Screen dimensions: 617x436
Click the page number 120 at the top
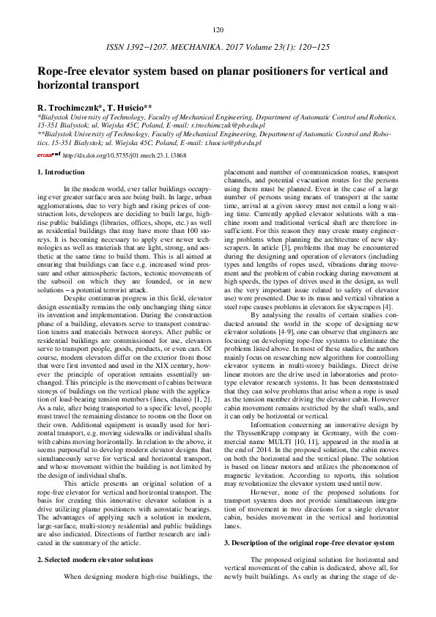click(x=218, y=30)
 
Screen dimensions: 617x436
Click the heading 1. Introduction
click(x=61, y=172)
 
